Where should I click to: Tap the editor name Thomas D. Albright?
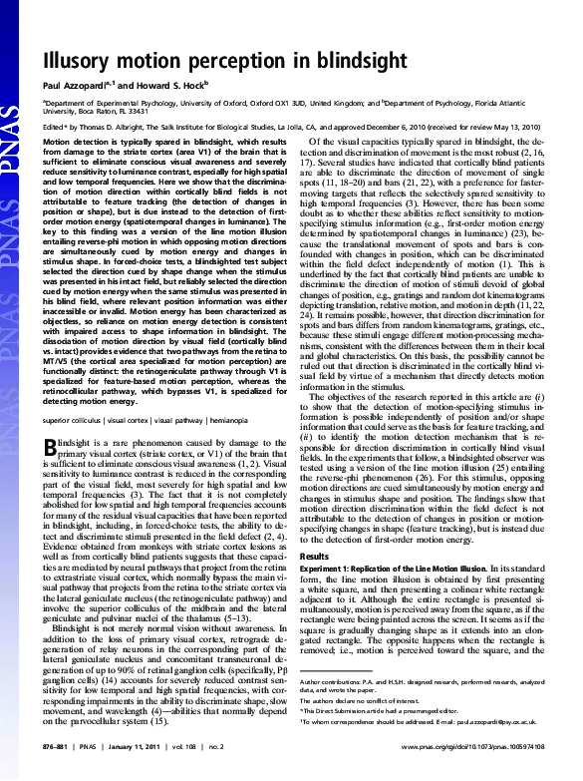click(105, 127)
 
